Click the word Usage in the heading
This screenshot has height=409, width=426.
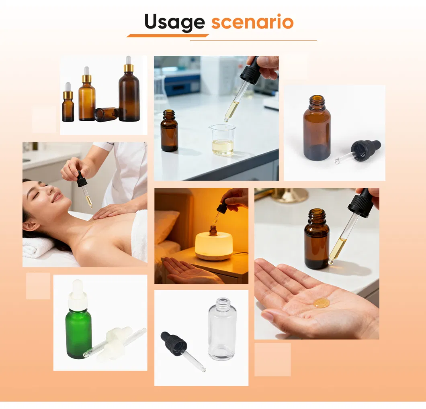click(x=174, y=22)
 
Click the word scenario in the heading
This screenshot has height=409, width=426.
click(x=252, y=22)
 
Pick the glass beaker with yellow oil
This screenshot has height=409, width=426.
click(x=223, y=140)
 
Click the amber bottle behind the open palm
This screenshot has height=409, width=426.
click(x=317, y=239)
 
